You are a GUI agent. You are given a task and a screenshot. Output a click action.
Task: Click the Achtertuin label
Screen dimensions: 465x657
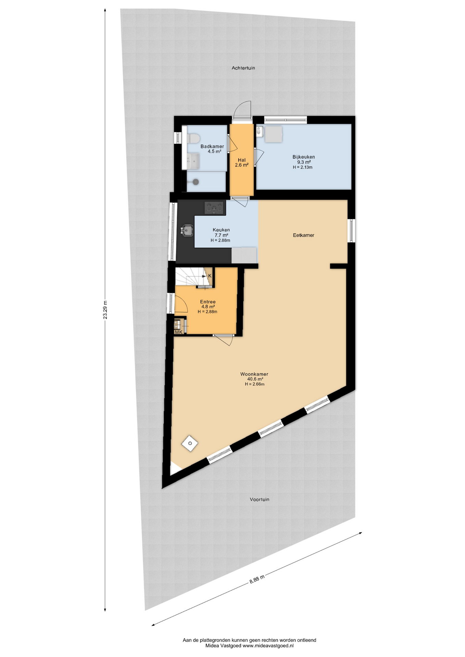point(243,68)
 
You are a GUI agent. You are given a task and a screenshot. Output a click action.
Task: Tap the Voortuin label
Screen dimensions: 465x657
point(259,500)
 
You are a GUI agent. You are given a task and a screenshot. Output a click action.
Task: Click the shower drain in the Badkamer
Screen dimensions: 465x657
point(196,182)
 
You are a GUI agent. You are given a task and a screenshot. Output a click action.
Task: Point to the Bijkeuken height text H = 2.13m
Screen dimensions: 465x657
point(303,168)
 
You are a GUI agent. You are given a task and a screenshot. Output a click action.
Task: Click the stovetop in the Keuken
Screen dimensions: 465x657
point(214,208)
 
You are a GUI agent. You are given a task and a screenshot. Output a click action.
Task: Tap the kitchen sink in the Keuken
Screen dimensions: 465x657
point(187,230)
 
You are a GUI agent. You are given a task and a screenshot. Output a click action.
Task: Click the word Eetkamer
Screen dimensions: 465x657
point(303,235)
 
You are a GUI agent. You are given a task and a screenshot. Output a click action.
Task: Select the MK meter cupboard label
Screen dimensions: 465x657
point(178,332)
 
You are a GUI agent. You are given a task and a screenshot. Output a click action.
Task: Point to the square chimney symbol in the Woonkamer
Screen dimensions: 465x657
point(190,444)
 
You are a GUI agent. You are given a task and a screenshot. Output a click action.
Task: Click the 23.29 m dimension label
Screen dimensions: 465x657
point(105,310)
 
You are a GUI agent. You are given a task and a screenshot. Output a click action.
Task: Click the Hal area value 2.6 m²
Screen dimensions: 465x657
point(241,165)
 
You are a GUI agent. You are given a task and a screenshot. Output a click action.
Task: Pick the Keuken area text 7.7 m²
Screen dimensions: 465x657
point(221,235)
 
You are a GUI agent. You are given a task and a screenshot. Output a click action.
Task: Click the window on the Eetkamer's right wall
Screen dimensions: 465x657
point(352,230)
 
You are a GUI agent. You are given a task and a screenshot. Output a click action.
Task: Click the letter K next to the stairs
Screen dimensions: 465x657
point(210,276)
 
